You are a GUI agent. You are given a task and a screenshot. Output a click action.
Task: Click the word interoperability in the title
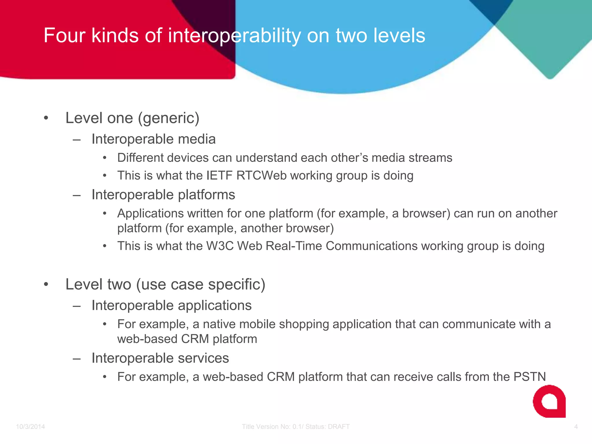[x=234, y=36]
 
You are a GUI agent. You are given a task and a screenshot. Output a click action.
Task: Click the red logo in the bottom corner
[x=549, y=402]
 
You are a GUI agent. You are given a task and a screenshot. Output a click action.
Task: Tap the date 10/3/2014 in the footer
[x=30, y=427]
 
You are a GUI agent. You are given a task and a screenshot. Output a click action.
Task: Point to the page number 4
[x=576, y=427]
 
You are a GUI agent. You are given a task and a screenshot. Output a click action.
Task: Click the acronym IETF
[x=219, y=176]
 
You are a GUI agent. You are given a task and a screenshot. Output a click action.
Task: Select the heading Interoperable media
[x=153, y=139]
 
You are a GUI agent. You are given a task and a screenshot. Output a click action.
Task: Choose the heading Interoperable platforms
[x=163, y=195]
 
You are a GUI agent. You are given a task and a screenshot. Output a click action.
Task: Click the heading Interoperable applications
[x=171, y=306]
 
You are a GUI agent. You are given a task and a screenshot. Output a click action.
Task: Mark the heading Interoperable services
[x=160, y=358]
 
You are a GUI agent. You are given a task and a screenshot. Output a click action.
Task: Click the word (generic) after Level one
[x=169, y=118]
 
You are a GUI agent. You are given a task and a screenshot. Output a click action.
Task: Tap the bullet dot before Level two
[x=46, y=284]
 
